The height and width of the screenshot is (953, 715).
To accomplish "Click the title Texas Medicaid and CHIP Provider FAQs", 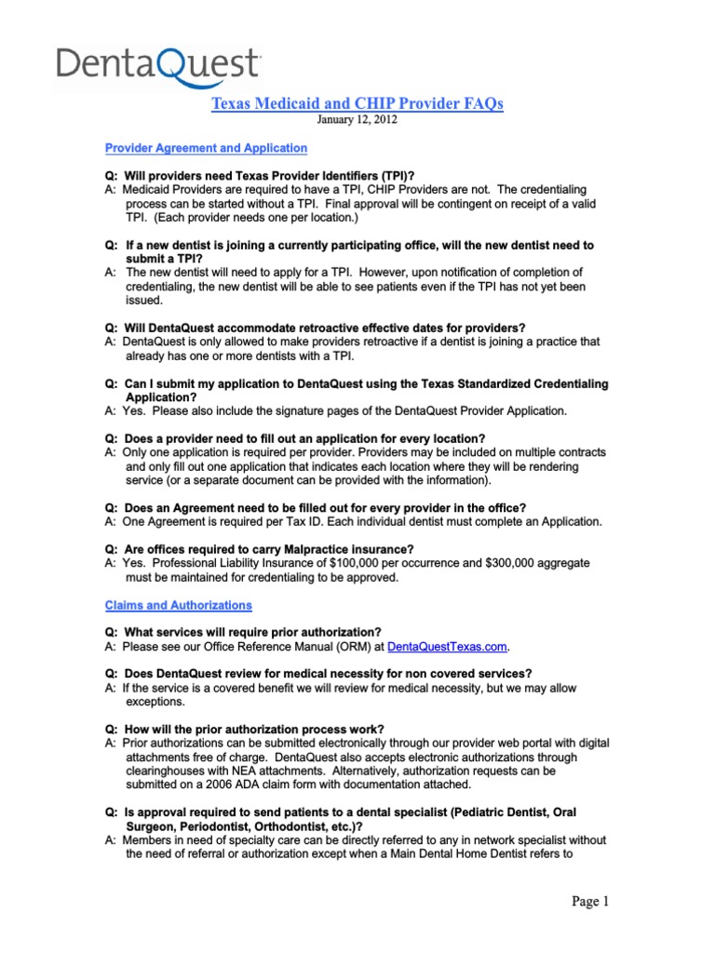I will pyautogui.click(x=357, y=103).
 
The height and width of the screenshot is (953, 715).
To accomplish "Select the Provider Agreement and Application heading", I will pyautogui.click(x=206, y=147).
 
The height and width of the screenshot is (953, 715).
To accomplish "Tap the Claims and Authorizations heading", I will pyautogui.click(x=178, y=605).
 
